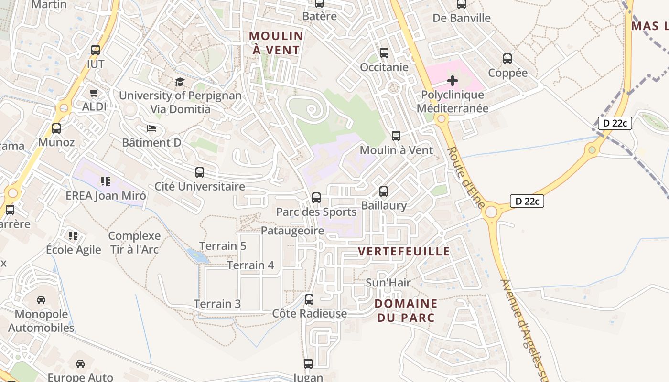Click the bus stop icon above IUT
point(96,50)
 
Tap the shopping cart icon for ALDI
point(94,93)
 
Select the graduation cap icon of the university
point(180,82)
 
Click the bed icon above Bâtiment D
point(151,128)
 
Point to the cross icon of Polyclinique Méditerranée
point(453,81)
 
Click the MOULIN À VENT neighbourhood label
point(276,43)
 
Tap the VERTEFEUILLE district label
point(404,251)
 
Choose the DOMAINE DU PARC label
point(406,310)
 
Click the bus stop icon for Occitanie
point(384,53)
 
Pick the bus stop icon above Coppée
point(507,59)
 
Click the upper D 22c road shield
point(615,123)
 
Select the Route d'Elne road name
point(466,177)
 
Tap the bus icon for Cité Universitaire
point(200,172)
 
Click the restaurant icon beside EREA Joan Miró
point(106,181)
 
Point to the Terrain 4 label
point(250,265)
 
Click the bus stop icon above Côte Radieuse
point(309,299)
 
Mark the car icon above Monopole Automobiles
point(41,300)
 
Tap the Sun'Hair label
point(388,283)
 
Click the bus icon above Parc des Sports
point(316,197)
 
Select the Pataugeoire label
point(292,231)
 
